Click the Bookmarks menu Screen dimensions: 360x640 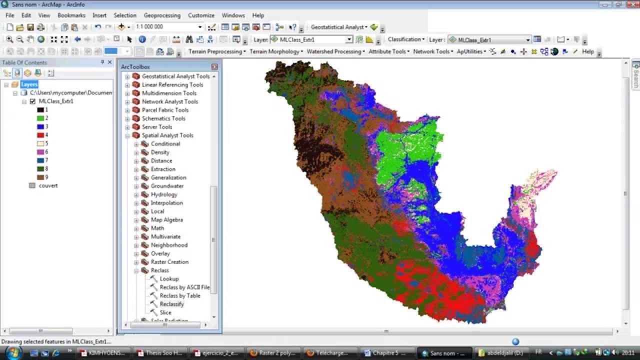[x=71, y=15]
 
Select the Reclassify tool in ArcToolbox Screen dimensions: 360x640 [x=171, y=304]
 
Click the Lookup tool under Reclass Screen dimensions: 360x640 [x=169, y=279]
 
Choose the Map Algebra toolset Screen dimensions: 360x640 [x=166, y=220]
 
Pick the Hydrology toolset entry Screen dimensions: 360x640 [x=163, y=194]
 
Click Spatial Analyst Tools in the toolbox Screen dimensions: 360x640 [x=167, y=135]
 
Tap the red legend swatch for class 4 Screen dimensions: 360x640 [x=40, y=135]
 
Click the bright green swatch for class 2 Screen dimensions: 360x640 [x=40, y=118]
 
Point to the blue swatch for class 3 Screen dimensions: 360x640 [x=40, y=126]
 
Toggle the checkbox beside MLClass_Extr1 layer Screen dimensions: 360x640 [x=32, y=101]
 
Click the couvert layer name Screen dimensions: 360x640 [x=48, y=185]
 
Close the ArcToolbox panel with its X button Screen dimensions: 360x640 [x=214, y=66]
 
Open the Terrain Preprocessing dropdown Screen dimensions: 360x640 [x=217, y=51]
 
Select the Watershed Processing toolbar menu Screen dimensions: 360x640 [x=335, y=51]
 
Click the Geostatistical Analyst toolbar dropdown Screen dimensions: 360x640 [x=339, y=27]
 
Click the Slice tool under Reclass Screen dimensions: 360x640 [x=165, y=312]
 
